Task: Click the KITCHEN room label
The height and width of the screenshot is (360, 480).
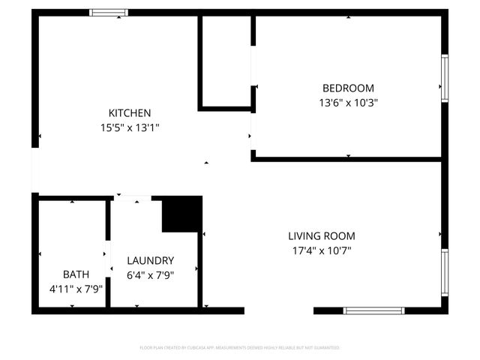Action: pyautogui.click(x=130, y=112)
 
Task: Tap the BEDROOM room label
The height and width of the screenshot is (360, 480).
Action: pyautogui.click(x=347, y=88)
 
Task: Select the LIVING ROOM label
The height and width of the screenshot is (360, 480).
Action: pyautogui.click(x=322, y=235)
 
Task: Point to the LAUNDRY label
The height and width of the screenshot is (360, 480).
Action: pyautogui.click(x=150, y=260)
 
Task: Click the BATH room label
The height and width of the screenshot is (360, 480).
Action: pyautogui.click(x=75, y=274)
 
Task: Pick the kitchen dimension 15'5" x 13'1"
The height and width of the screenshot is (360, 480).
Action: pyautogui.click(x=130, y=127)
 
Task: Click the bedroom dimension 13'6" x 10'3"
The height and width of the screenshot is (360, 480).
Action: pyautogui.click(x=347, y=103)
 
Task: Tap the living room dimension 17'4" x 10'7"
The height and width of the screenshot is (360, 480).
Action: pyautogui.click(x=322, y=250)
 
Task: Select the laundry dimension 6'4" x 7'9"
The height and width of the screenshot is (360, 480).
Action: pyautogui.click(x=150, y=275)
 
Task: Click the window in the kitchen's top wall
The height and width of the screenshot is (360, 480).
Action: pyautogui.click(x=109, y=12)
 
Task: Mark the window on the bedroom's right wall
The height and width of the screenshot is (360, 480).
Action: pyautogui.click(x=444, y=78)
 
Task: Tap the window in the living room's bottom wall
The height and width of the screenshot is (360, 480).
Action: pyautogui.click(x=373, y=310)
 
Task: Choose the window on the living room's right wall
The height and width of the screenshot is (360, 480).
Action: pyautogui.click(x=444, y=273)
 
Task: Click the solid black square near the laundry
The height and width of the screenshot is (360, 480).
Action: pyautogui.click(x=182, y=214)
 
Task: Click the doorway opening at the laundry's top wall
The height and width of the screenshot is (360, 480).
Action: pyautogui.click(x=132, y=198)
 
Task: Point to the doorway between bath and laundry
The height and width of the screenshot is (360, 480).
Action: pyautogui.click(x=108, y=252)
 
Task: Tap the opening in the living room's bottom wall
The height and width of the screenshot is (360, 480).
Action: pyautogui.click(x=279, y=310)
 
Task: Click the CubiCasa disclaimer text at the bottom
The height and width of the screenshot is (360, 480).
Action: pyautogui.click(x=240, y=348)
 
